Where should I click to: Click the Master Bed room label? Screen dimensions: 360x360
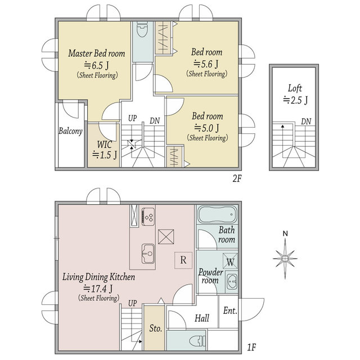point(97,53)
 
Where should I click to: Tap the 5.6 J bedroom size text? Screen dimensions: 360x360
point(206,64)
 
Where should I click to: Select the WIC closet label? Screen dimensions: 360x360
point(105,145)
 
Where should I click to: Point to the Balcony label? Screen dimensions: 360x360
point(70,131)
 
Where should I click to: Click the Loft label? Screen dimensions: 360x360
point(295,88)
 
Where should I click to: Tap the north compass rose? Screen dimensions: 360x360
point(285,258)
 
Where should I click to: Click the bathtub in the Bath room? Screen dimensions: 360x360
point(217,215)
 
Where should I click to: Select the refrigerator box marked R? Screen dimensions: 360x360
point(183,260)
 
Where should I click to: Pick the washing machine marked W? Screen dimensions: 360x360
point(230,260)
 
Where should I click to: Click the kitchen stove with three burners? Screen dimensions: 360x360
point(148,217)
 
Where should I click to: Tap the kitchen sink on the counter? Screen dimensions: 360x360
point(148,254)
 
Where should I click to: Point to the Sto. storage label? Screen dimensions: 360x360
point(156,328)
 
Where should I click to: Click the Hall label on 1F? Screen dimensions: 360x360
point(202,318)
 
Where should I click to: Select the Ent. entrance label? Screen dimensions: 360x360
point(230,310)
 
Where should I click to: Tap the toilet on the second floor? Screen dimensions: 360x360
point(142,30)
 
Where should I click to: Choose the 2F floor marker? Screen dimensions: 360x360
point(237,178)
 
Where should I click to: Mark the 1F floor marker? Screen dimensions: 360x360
point(251,348)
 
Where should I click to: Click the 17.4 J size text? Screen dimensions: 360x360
point(98,289)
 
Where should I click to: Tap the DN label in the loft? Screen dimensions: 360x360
point(306,121)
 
